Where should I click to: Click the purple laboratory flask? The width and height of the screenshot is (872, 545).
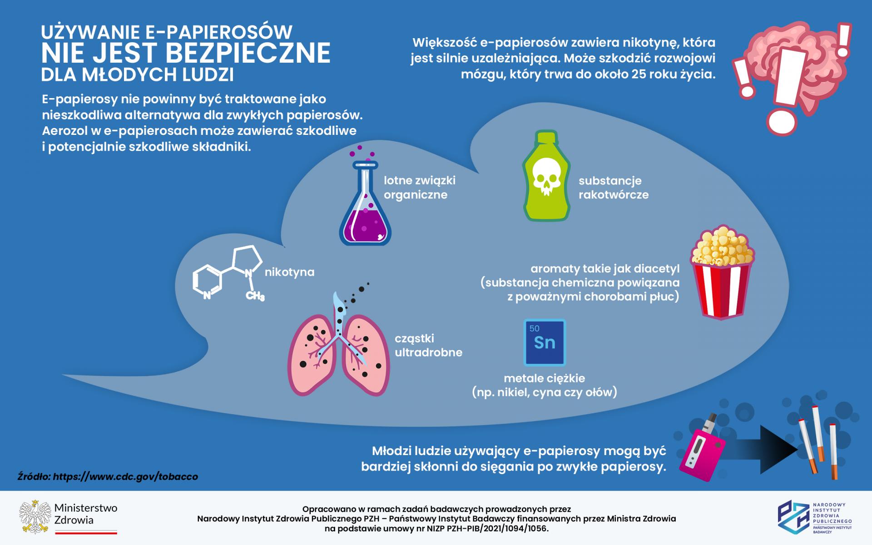pos(365,213)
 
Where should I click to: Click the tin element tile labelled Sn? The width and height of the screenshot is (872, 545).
pos(545,342)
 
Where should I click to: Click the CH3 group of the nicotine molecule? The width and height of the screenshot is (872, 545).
pos(255,296)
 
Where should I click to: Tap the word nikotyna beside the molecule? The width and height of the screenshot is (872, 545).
pos(289,272)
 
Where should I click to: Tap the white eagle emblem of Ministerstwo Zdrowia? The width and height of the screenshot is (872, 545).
pos(34,517)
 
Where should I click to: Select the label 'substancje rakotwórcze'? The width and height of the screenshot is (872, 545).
pos(613,188)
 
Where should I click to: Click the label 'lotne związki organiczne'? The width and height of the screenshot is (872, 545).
pos(419,188)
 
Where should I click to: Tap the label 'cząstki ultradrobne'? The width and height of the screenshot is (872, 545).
pos(428,345)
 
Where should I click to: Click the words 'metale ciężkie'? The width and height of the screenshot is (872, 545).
pos(544,378)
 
